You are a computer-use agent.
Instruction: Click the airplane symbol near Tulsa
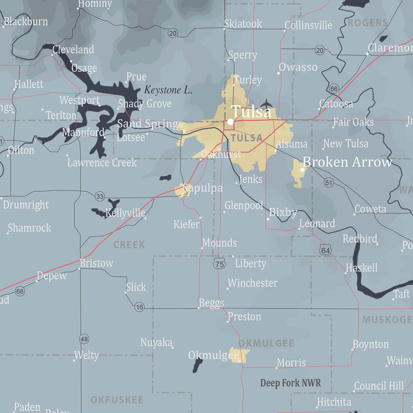pos(267,104)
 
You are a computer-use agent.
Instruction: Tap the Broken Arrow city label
pos(347,162)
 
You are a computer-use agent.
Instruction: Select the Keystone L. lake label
pos(168,90)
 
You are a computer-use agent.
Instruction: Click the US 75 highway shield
pos(219,264)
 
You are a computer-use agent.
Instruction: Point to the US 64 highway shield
pos(325,250)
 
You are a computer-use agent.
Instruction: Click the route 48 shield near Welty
pos(84,339)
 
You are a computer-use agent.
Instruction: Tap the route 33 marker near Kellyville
pos(100,197)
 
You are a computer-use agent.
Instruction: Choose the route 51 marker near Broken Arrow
pos(329,183)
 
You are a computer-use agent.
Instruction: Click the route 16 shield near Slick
pos(139,307)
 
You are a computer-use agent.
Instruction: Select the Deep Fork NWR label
pos(290,383)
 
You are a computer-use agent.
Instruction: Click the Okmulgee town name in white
pos(213,355)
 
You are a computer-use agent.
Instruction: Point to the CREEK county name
pos(129,245)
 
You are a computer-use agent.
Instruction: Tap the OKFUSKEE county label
pos(117,400)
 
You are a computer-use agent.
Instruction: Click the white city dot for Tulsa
pos(230,121)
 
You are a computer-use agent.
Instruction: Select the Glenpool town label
pos(244,205)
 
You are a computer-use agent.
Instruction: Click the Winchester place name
pos(252,283)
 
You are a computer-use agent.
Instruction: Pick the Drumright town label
pos(26,204)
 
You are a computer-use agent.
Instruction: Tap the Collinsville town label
pos(308,25)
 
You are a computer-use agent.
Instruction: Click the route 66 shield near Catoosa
pos(334,89)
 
